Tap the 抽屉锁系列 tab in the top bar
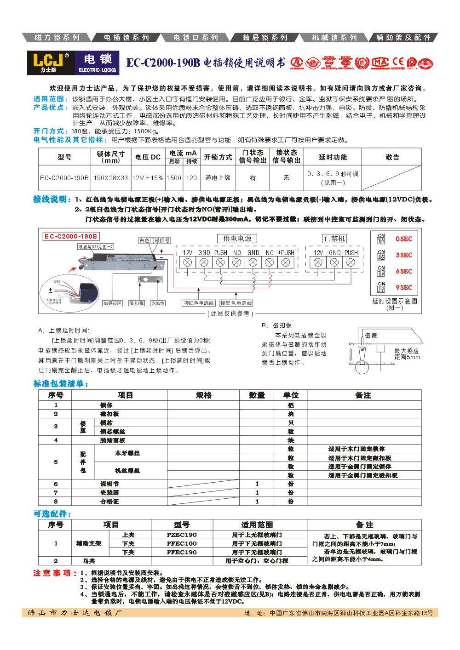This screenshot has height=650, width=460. point(265,38)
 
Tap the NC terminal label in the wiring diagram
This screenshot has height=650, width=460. point(270,253)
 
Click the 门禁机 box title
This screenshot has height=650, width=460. point(334,238)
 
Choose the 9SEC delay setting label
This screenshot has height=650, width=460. point(404,288)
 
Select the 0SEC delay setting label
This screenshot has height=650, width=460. point(404,239)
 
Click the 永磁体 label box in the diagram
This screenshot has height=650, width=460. point(158,303)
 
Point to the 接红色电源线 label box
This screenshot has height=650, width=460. point(199,303)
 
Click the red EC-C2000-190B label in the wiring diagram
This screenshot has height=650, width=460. point(71,236)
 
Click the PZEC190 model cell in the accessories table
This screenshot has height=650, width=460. point(181,535)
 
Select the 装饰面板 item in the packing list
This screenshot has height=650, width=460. point(113,440)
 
